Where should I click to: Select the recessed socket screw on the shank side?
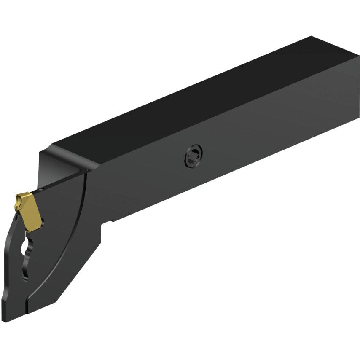pos(193,156)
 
